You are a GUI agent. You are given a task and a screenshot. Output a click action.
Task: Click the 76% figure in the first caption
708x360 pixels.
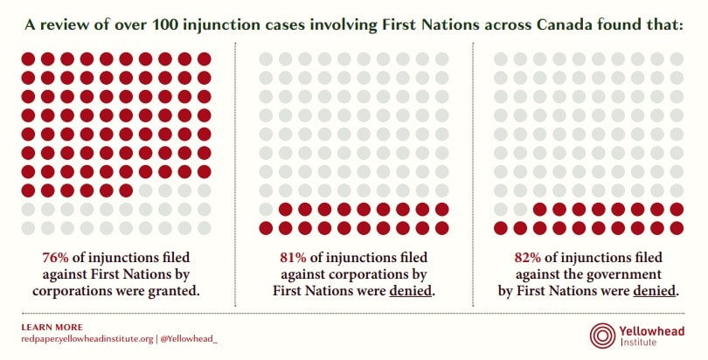coord(57,259)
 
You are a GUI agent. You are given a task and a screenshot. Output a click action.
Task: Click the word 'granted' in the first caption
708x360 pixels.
coord(175,290)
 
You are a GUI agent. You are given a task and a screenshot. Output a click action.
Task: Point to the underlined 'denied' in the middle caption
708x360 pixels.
coord(411,290)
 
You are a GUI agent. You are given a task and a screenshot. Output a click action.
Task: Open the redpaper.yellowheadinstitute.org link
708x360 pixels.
coord(87,338)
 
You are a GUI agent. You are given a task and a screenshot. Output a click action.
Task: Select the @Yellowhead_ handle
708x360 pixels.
coord(189,338)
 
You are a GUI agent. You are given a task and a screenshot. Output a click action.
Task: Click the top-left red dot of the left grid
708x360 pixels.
coord(28,59)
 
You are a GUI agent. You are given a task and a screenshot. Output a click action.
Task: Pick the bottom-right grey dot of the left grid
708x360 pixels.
coord(205,228)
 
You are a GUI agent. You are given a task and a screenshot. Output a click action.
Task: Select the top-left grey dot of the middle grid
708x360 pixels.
coord(266,59)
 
